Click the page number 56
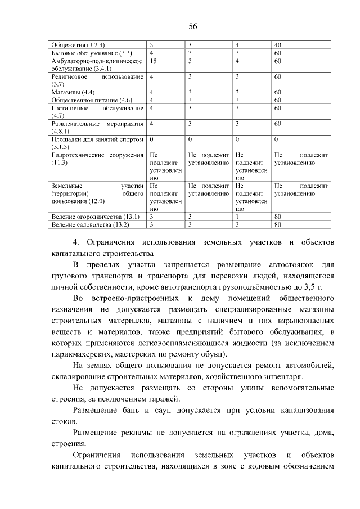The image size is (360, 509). [192, 26]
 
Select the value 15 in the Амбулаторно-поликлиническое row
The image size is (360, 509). [153, 60]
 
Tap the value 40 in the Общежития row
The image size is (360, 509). [277, 45]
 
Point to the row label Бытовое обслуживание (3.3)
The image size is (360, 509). [83, 53]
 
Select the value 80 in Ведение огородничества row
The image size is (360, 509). [277, 217]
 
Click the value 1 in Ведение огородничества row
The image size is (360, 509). [237, 217]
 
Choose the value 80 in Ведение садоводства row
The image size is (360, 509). [277, 224]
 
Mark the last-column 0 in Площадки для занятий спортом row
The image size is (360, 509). [276, 138]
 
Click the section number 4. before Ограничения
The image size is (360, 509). [76, 242]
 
